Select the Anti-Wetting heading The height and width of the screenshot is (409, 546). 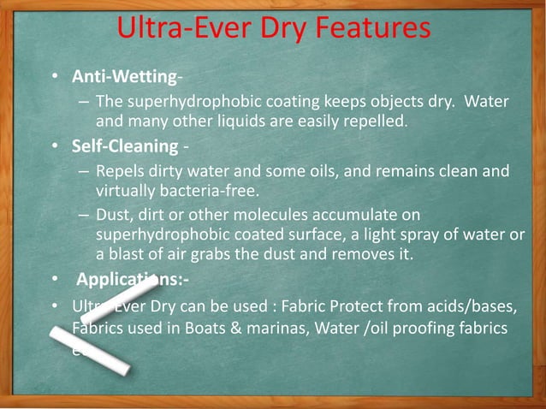(x=123, y=77)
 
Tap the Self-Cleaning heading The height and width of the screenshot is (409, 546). (x=124, y=145)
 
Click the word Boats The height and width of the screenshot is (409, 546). (x=223, y=328)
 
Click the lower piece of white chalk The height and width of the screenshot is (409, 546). (x=89, y=350)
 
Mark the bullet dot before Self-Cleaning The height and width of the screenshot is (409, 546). (x=54, y=146)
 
